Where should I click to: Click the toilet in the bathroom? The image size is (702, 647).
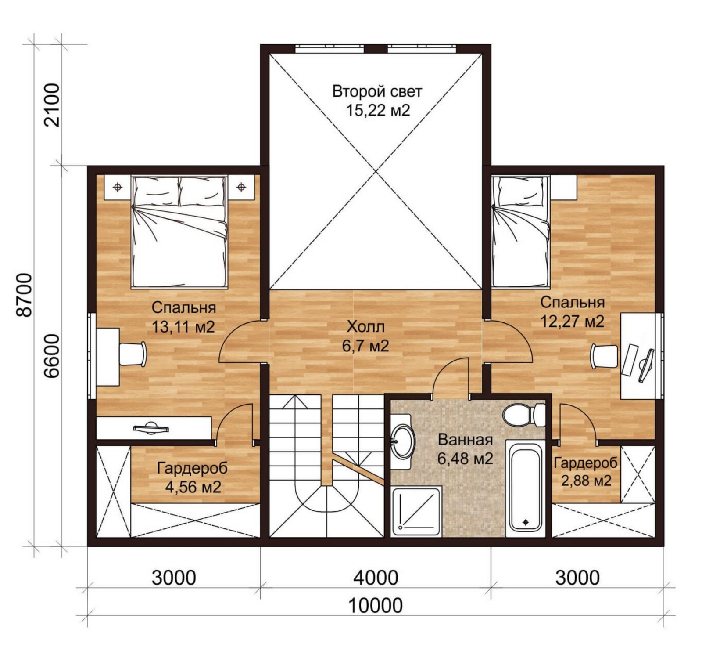tap(524, 415)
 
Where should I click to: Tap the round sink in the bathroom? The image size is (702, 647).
tap(402, 441)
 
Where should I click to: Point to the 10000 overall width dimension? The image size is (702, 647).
tap(375, 606)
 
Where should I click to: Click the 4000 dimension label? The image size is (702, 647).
tap(376, 578)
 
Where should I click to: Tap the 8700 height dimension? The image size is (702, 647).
tap(24, 295)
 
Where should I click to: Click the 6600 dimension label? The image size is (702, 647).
tap(52, 356)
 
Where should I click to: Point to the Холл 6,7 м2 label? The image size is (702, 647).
tap(365, 336)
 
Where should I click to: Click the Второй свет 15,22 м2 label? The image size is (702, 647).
tap(377, 101)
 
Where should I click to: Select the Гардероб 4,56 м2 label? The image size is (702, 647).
tap(192, 477)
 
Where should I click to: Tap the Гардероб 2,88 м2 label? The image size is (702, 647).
tap(586, 471)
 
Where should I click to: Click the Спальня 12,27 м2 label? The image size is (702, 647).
tap(572, 312)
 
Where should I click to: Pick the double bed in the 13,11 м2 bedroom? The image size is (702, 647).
tap(179, 232)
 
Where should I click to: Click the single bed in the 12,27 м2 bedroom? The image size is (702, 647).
tap(521, 231)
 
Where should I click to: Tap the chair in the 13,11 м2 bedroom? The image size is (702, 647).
tap(133, 354)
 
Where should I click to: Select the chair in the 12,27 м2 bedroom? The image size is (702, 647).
tap(604, 356)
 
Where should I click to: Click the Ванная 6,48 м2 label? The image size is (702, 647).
tap(465, 449)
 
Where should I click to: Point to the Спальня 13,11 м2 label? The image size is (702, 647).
tap(183, 317)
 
